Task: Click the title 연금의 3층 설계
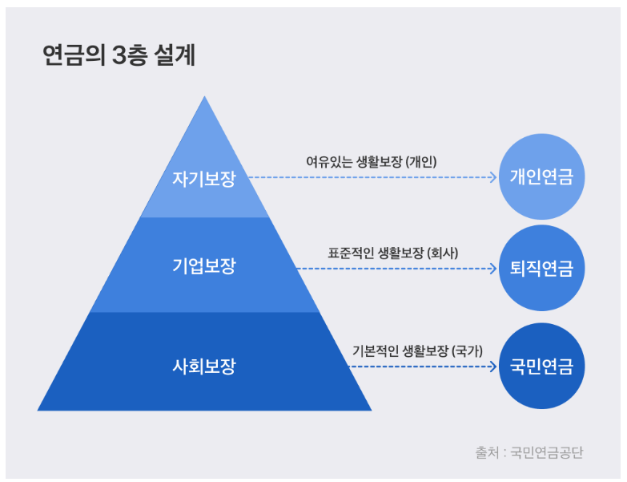pyautogui.click(x=119, y=57)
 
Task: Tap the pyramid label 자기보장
pyautogui.click(x=204, y=178)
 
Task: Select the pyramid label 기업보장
pyautogui.click(x=204, y=265)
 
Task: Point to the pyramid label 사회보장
pyautogui.click(x=204, y=367)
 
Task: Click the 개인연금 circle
pyautogui.click(x=541, y=177)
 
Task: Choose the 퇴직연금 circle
pyautogui.click(x=541, y=269)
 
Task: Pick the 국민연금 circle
pyautogui.click(x=541, y=367)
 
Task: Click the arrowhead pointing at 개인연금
pyautogui.click(x=493, y=177)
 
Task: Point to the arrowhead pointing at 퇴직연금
pyautogui.click(x=493, y=269)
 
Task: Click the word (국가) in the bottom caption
pyautogui.click(x=467, y=350)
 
